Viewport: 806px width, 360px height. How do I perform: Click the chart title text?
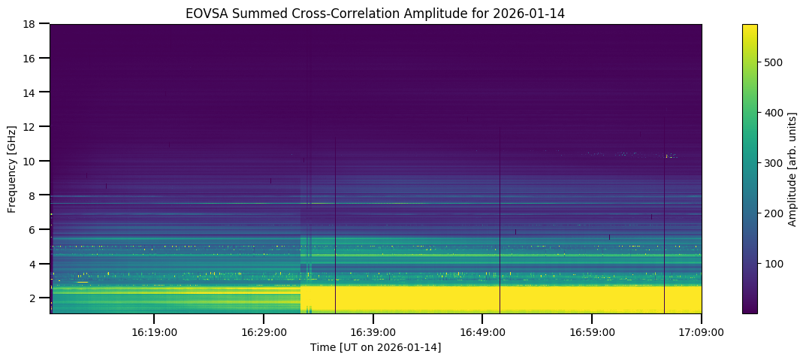[x=376, y=13]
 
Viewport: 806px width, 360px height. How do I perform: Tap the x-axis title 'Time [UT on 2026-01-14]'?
[x=376, y=347]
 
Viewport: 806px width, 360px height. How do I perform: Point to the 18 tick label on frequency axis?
[x=32, y=24]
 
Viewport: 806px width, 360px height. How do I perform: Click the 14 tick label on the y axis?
[x=32, y=92]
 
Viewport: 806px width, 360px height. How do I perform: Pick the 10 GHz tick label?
[x=32, y=162]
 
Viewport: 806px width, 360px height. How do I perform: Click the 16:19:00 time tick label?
[x=154, y=331]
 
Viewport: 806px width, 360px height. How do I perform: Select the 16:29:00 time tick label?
[x=264, y=331]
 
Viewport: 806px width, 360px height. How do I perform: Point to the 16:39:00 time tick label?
[x=373, y=331]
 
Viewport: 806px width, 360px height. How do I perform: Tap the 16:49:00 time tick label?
[x=482, y=331]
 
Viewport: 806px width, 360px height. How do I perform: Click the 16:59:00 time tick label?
[x=592, y=331]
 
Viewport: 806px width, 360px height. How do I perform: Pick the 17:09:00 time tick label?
[x=702, y=331]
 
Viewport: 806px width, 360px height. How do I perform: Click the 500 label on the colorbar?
[x=775, y=62]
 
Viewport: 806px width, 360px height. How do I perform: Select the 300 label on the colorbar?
[x=775, y=163]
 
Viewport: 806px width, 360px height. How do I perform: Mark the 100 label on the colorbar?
[x=775, y=264]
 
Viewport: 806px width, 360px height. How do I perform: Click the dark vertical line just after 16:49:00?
[x=500, y=225]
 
